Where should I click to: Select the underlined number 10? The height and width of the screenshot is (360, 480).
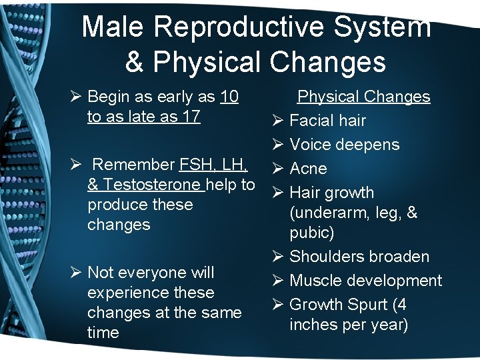[229, 97]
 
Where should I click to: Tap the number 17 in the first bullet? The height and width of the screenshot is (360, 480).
[191, 117]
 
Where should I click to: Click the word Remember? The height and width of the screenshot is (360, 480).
[133, 165]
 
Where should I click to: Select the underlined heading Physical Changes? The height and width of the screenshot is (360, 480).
[363, 97]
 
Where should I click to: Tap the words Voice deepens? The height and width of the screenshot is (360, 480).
[344, 145]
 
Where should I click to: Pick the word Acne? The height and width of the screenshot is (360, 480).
[308, 169]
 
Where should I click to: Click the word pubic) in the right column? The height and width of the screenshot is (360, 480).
[312, 233]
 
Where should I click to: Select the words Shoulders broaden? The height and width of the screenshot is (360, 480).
[359, 257]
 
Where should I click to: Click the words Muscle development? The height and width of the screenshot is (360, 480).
[365, 281]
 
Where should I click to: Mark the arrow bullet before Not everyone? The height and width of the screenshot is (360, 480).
[76, 273]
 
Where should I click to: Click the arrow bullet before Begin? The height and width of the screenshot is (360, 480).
[76, 97]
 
